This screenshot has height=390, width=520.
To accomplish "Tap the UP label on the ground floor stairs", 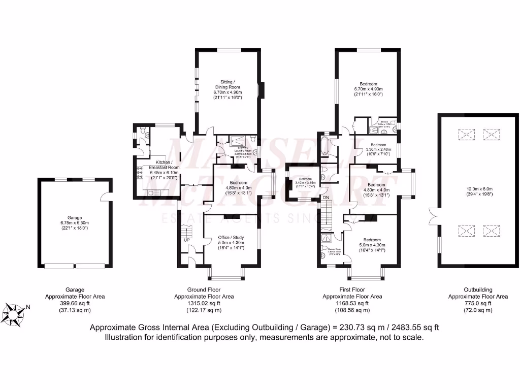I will point(187,240).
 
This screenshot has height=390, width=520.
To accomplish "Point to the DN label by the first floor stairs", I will point(326,197).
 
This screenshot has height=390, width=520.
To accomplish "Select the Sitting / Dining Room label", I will point(226,84).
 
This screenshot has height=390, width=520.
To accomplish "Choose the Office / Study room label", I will point(231,237).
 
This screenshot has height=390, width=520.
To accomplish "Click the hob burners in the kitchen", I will point(138,173).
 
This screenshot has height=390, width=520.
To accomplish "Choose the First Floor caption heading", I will point(352,290).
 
